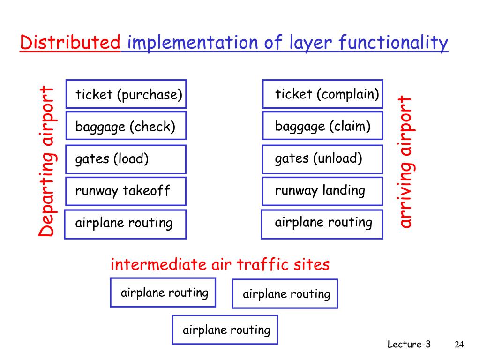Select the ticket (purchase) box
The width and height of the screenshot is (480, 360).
(126, 94)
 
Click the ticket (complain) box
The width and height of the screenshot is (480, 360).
(322, 94)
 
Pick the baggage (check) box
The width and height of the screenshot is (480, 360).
(126, 126)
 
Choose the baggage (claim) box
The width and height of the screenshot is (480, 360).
(322, 126)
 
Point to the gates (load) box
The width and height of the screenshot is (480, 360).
(126, 159)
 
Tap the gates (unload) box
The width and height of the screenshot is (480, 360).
(322, 159)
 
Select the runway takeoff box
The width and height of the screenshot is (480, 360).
(126, 191)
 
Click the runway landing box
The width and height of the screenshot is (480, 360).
(322, 191)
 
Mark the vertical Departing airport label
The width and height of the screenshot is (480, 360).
(46, 161)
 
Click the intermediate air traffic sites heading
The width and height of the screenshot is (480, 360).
(220, 265)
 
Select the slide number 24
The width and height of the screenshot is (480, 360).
(459, 345)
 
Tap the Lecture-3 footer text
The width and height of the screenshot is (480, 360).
(409, 345)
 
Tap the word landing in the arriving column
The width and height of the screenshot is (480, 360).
(343, 191)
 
